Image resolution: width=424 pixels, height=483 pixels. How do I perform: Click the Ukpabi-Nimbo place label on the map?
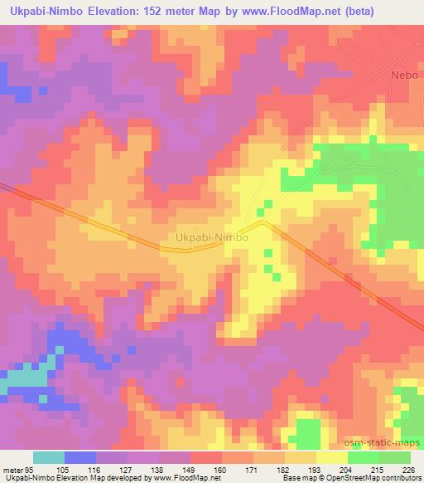(213, 238)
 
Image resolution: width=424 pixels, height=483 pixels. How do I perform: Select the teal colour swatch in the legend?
(49, 457)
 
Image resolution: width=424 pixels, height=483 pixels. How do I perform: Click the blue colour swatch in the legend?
(80, 457)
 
